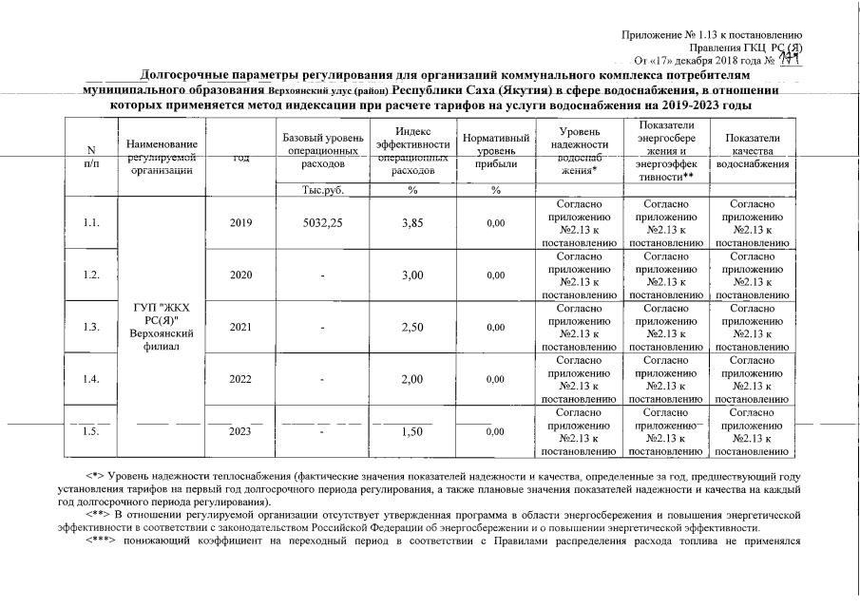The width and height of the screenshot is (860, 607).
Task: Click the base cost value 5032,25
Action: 320,222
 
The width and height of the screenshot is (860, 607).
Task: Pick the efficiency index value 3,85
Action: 411,222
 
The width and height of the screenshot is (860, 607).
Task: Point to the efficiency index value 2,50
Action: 411,327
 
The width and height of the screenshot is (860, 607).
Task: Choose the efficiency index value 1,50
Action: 411,431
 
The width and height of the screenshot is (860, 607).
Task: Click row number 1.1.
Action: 91,222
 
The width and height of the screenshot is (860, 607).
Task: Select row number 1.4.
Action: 91,379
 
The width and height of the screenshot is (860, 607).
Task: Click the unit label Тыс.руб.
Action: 320,189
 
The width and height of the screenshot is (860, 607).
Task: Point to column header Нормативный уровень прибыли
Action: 495,151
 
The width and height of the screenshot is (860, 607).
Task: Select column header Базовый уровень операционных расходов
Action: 320,151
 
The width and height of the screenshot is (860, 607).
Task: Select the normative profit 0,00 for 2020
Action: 495,275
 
